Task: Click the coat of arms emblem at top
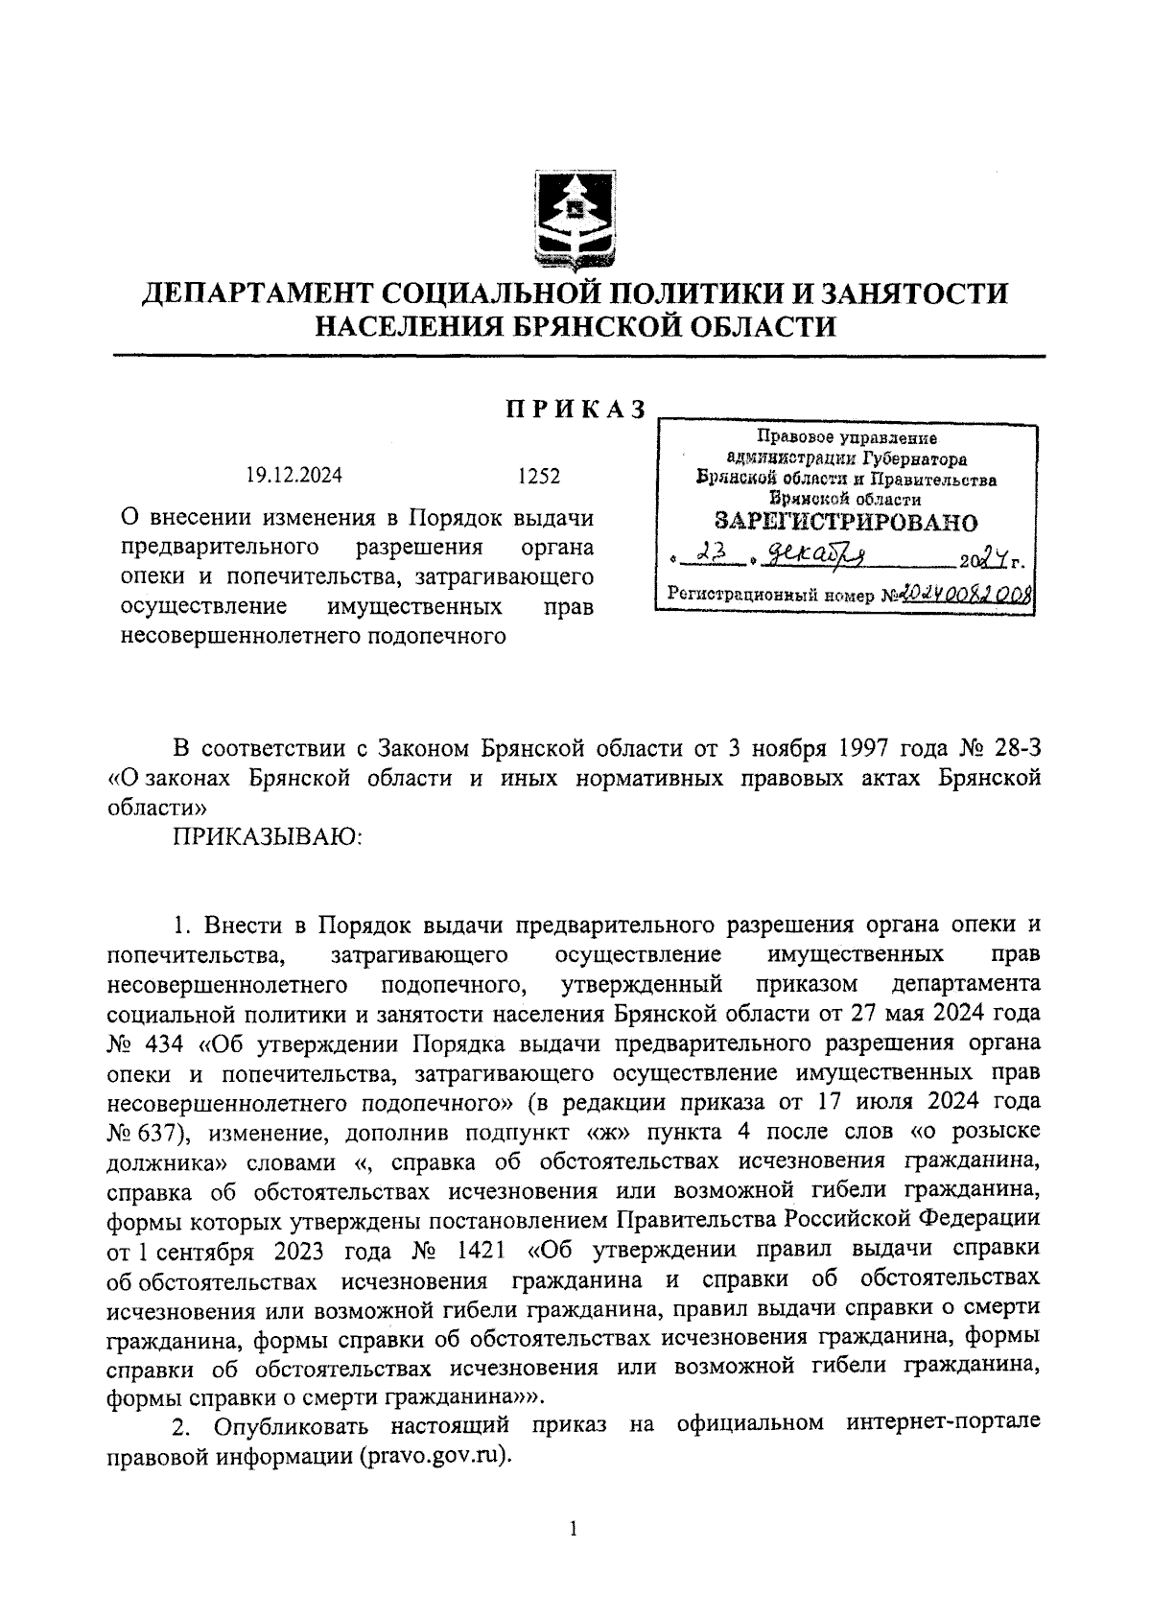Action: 575,223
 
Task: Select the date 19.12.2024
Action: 294,476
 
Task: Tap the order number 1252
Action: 538,476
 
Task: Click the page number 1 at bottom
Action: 574,1529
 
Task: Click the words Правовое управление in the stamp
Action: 846,438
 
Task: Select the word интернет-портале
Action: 944,1425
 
